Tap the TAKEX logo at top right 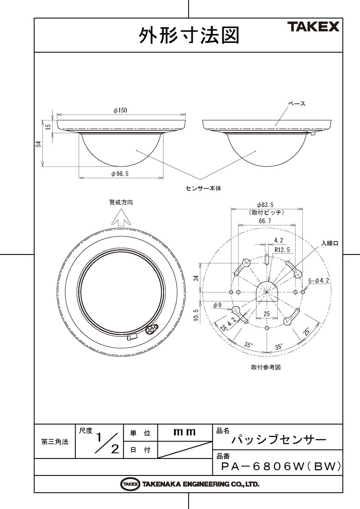pyautogui.click(x=314, y=28)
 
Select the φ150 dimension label pyautogui.click(x=120, y=110)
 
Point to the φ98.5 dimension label pyautogui.click(x=120, y=174)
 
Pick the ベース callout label pyautogui.click(x=297, y=103)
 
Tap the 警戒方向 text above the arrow pyautogui.click(x=121, y=203)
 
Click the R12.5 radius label pyautogui.click(x=282, y=250)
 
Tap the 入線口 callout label pyautogui.click(x=329, y=243)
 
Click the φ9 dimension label pyautogui.click(x=217, y=305)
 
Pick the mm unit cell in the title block pyautogui.click(x=185, y=432)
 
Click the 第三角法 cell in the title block pyautogui.click(x=55, y=442)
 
